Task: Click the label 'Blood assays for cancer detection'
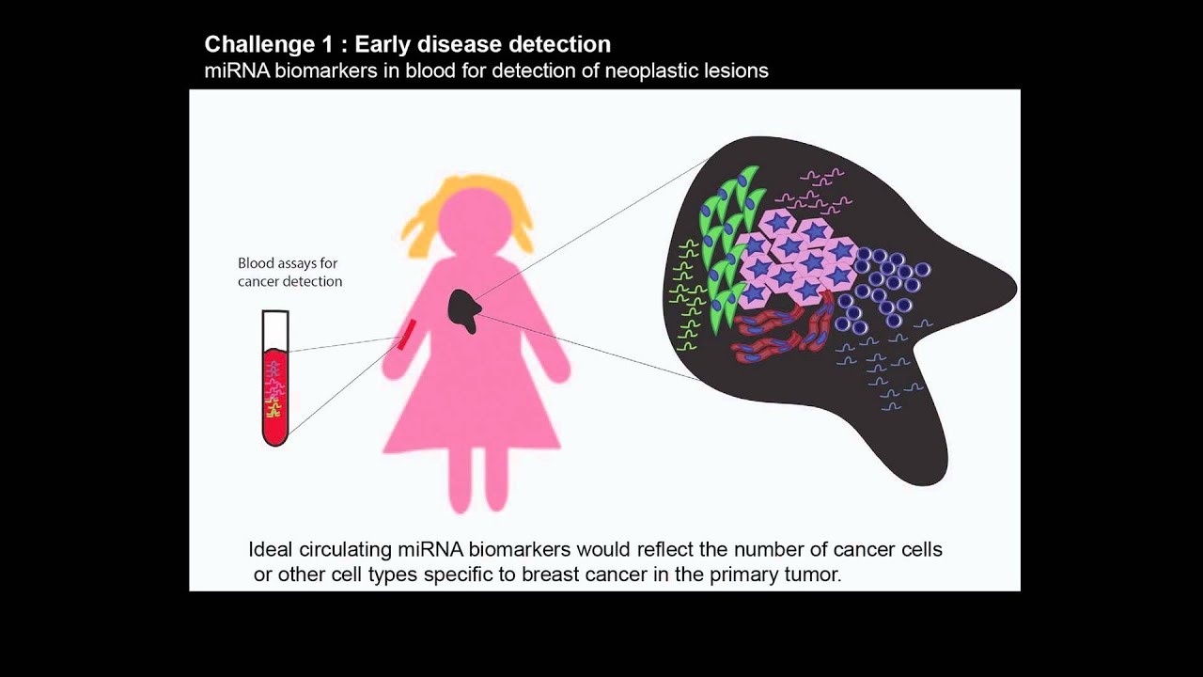coord(289,272)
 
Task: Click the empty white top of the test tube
coord(275,329)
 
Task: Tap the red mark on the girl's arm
coord(406,334)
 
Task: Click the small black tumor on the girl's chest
coord(463,310)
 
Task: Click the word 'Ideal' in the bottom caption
coord(271,549)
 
